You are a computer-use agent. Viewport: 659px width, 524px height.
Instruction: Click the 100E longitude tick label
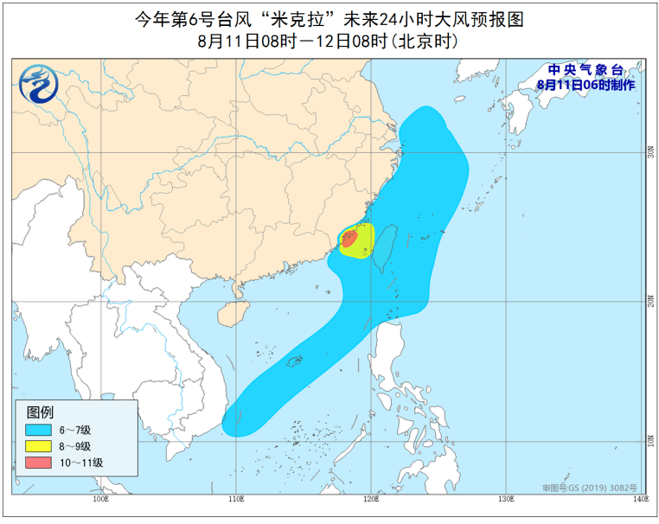99,499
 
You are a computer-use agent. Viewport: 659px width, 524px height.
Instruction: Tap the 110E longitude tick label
235,499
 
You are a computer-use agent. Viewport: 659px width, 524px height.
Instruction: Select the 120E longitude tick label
370,499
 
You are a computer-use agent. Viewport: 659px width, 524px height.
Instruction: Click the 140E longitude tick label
639,499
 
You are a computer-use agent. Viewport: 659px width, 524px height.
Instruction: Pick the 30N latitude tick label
650,152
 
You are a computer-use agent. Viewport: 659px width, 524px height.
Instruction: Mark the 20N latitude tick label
650,301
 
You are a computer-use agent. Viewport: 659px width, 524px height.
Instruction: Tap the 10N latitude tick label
650,441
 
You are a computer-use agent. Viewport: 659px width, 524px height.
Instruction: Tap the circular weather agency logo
36,83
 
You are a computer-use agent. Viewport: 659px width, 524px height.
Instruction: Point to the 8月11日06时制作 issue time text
585,85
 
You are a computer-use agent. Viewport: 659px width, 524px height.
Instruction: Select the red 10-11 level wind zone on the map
349,239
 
